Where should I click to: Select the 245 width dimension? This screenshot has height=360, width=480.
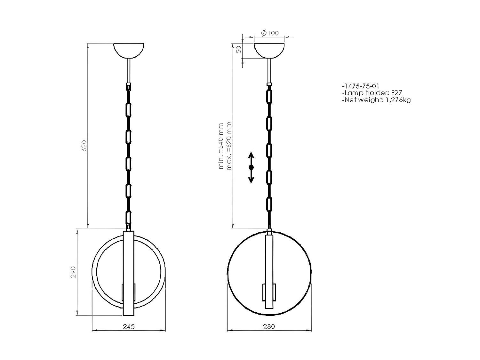tap(129, 326)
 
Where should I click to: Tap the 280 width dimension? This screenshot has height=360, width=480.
tap(269, 326)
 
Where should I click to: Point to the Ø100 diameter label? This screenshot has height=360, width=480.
tap(270, 33)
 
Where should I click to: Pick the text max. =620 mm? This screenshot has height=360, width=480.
tap(229, 146)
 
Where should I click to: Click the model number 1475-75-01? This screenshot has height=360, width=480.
tap(360, 86)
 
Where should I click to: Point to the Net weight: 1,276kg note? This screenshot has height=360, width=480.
tap(376, 100)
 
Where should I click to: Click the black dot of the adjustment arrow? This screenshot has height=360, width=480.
tap(251, 167)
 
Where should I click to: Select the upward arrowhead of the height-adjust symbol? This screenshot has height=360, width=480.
tap(251, 155)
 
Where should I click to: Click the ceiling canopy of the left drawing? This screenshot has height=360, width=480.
tap(129, 50)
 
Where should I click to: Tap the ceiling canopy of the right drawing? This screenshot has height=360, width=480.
tap(269, 50)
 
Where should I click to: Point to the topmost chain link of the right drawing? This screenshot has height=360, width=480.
tap(269, 96)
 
